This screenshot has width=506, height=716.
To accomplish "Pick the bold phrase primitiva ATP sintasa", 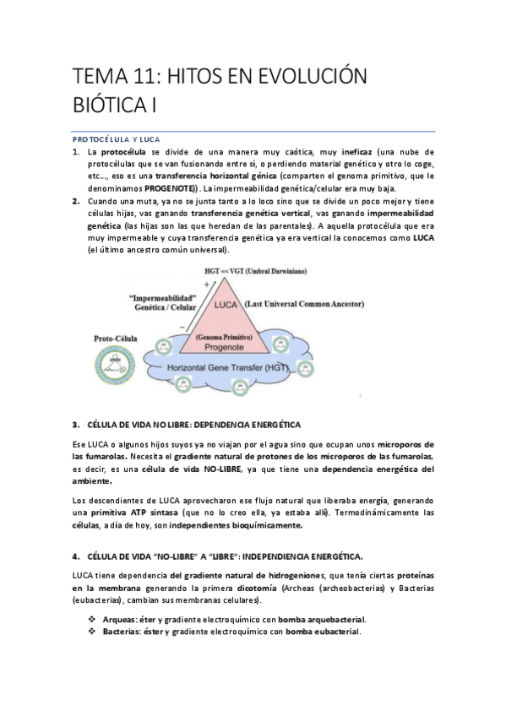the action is coord(123,513).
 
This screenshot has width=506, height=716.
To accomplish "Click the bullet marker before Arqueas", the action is coord(92,619).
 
